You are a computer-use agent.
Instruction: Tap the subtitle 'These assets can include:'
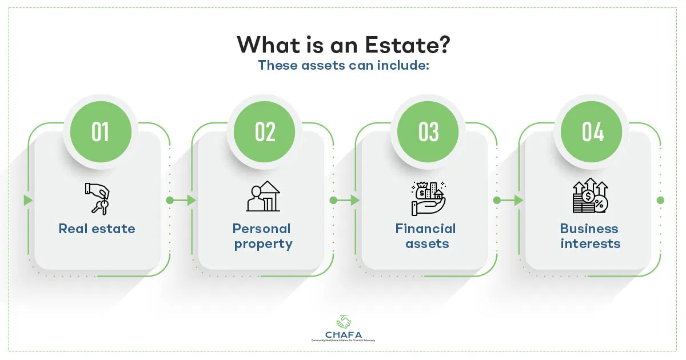pos(343,65)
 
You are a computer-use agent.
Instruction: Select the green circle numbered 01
pos(101,132)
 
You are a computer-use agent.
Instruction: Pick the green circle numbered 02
pos(265,132)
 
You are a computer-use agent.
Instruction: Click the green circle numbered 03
pos(429,132)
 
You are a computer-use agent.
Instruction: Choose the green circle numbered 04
pos(593,132)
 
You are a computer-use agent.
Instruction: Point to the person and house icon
pos(262,197)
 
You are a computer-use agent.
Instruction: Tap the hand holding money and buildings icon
pos(427,198)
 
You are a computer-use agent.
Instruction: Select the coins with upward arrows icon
pos(590,196)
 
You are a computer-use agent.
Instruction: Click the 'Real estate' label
pos(97,229)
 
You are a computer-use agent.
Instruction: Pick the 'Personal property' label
pos(262,236)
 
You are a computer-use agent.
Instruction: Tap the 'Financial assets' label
pos(426,236)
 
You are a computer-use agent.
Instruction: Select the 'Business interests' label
pos(590,236)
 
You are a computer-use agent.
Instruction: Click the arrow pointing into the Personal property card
pos(191,201)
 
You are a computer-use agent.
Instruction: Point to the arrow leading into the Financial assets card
pos(354,201)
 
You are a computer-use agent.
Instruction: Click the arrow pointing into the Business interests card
pos(518,201)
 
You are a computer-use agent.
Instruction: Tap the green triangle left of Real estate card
pos(27,201)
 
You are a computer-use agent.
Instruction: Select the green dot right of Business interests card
pos(660,201)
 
